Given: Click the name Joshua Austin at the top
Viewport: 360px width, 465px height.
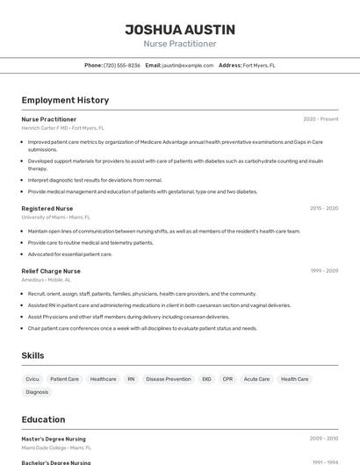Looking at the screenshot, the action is pyautogui.click(x=180, y=29).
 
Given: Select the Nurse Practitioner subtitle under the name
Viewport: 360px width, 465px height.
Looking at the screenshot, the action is pyautogui.click(x=180, y=44).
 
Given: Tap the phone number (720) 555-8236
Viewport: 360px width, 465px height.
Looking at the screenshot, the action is pyautogui.click(x=122, y=65).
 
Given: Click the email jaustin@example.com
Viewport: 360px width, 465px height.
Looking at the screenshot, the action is pyautogui.click(x=188, y=65).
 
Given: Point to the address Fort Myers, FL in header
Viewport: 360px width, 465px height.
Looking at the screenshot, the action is pyautogui.click(x=259, y=65).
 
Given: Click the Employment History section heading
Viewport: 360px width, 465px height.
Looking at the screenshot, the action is pyautogui.click(x=65, y=100).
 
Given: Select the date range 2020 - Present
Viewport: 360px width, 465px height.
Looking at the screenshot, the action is pyautogui.click(x=320, y=119).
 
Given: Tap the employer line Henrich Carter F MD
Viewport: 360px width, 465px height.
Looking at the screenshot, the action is pyautogui.click(x=62, y=127).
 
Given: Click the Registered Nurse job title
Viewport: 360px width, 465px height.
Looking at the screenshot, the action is pyautogui.click(x=47, y=209).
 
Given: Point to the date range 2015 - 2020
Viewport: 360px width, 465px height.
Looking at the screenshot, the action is pyautogui.click(x=323, y=209).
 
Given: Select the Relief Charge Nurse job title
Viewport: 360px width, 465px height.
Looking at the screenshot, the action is pyautogui.click(x=51, y=271).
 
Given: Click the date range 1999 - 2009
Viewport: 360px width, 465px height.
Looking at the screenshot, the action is pyautogui.click(x=323, y=271).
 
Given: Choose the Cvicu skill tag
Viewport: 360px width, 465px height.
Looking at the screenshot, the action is pyautogui.click(x=32, y=379).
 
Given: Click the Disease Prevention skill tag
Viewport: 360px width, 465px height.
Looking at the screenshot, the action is pyautogui.click(x=169, y=379).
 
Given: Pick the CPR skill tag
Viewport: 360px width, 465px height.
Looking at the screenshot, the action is pyautogui.click(x=227, y=379).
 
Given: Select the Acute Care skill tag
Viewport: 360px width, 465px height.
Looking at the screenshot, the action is pyautogui.click(x=256, y=379).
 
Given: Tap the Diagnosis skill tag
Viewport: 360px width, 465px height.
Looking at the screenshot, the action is pyautogui.click(x=37, y=392).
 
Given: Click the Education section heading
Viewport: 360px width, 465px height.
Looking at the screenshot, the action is pyautogui.click(x=44, y=419).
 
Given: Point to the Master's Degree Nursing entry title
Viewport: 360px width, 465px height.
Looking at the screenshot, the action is pyautogui.click(x=54, y=439).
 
